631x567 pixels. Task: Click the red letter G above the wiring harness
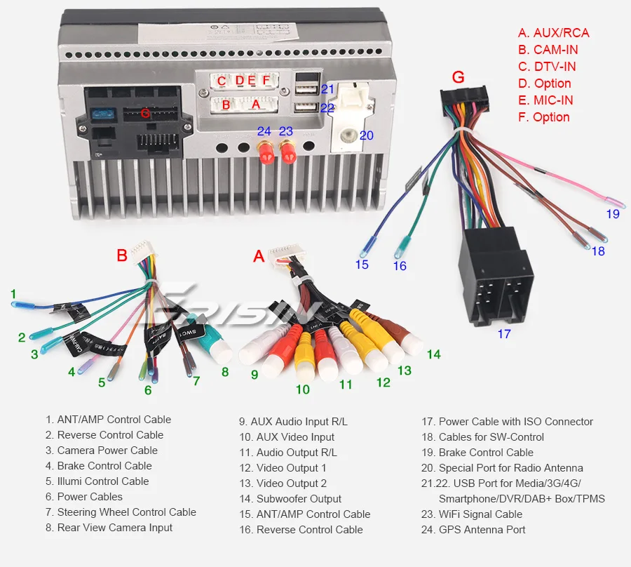[x=458, y=77]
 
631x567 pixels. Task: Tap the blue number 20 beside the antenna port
[x=367, y=135]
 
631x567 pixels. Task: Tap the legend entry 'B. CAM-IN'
[x=548, y=50]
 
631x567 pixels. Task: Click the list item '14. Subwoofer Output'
[x=290, y=499]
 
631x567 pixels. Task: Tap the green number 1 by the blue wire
[x=13, y=293]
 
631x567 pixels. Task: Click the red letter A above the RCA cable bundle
[x=259, y=257]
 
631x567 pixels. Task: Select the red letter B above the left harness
[x=122, y=255]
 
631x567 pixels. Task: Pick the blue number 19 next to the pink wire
[x=613, y=214]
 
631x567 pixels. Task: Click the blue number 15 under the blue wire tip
[x=361, y=265]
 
